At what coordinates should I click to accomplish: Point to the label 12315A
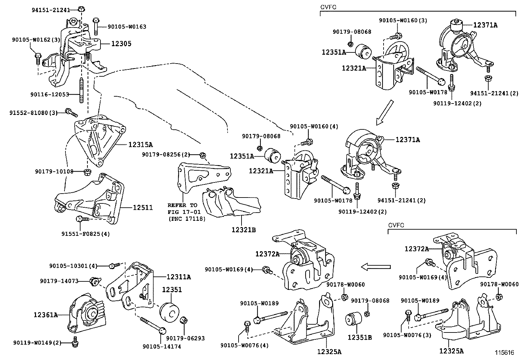pos(140,144)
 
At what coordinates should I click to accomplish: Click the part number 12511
pos(143,207)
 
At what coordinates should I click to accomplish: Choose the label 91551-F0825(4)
pos(85,234)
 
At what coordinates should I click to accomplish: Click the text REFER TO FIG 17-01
pos(184,209)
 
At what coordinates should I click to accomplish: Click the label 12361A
pos(45,315)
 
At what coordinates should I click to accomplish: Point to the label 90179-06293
pos(185,338)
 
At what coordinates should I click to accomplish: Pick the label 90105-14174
pos(162,346)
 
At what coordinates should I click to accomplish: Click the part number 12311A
pos(178,277)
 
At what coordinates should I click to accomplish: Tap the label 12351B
pos(359,337)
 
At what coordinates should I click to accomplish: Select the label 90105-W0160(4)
pos(314,126)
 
